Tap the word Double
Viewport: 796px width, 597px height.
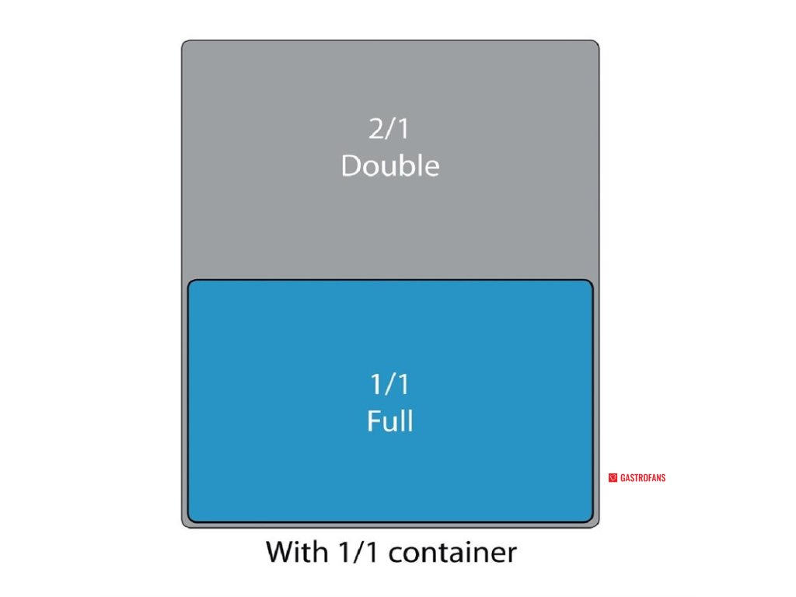[389, 166]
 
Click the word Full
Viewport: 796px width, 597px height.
[389, 421]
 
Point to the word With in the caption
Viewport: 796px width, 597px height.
[295, 552]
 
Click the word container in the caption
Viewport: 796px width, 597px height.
[452, 553]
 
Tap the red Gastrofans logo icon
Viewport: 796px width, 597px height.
[613, 478]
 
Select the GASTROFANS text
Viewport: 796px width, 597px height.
[643, 478]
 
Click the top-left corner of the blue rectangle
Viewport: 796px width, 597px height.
[190, 282]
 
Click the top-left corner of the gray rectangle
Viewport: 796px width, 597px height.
[184, 43]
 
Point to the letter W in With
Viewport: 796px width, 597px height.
[279, 552]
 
